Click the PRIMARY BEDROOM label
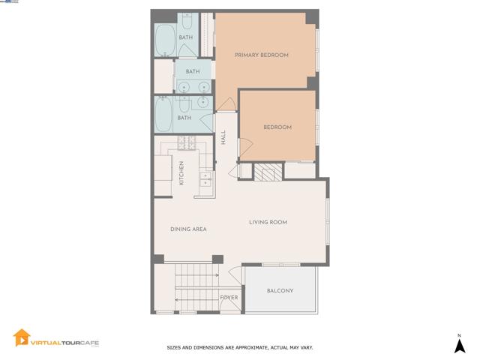(262, 55)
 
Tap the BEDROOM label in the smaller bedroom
(277, 127)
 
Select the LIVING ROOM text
(268, 222)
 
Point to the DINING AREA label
(188, 229)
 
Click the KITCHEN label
(181, 173)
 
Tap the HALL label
(223, 137)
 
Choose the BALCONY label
(280, 290)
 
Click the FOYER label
(229, 298)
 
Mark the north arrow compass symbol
(460, 344)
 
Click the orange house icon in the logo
(22, 338)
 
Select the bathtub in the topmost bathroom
(164, 40)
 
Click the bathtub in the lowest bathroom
(163, 114)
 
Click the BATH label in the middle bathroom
(193, 71)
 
